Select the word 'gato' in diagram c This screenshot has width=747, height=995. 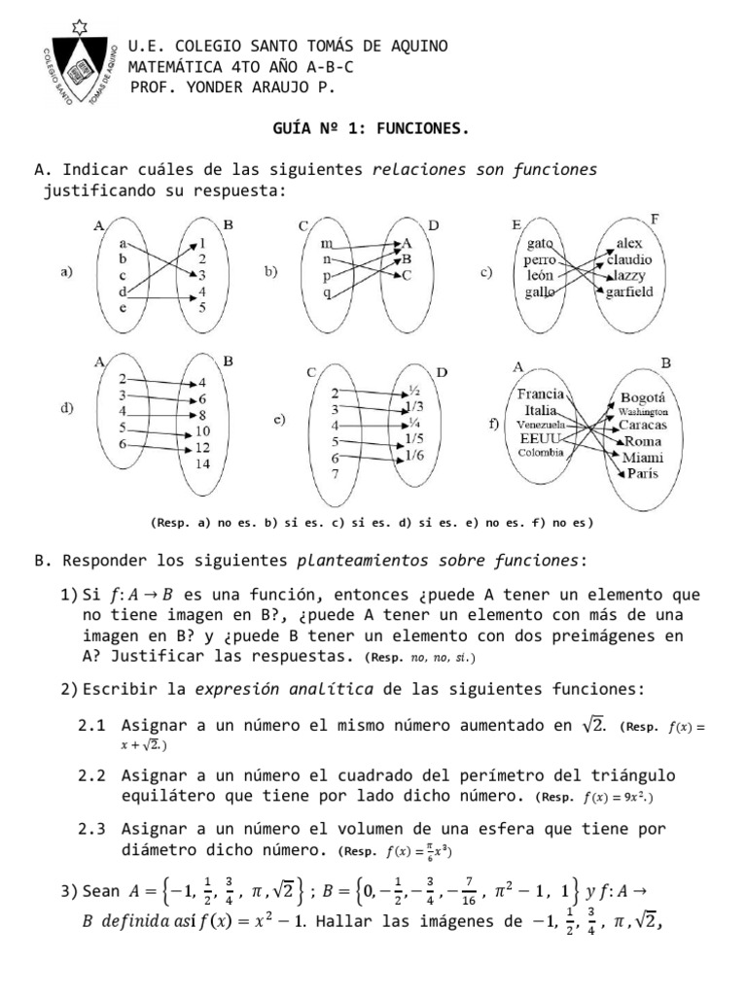[x=540, y=243]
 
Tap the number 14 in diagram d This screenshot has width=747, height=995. [x=202, y=463]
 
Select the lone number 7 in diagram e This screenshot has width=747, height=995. [x=335, y=474]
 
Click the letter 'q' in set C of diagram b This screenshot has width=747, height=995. [x=327, y=292]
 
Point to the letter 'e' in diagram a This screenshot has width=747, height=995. [x=123, y=307]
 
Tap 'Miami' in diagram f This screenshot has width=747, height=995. [x=642, y=457]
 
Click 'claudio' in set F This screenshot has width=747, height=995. [x=629, y=260]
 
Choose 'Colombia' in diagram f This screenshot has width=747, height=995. [x=541, y=452]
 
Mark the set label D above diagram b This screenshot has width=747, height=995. [x=434, y=225]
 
